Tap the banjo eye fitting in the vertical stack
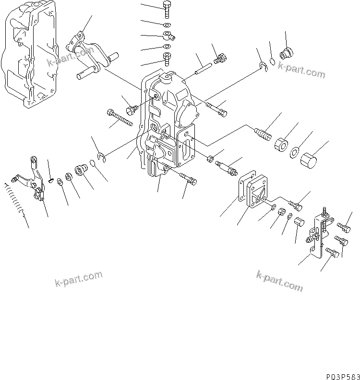(x=168, y=35)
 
